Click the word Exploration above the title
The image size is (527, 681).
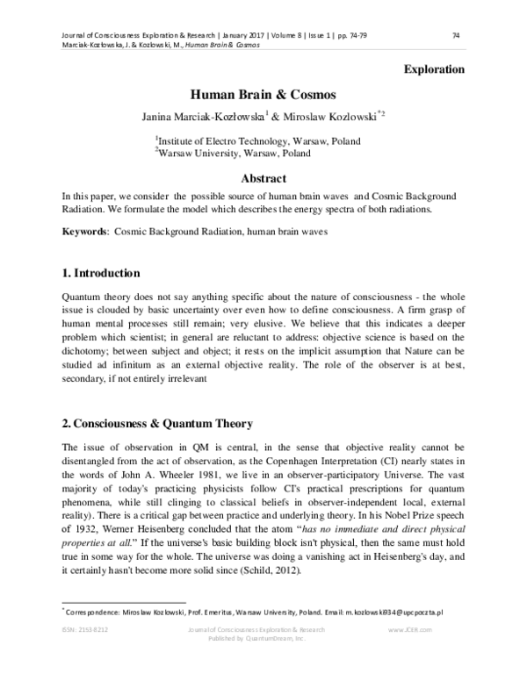pos(433,69)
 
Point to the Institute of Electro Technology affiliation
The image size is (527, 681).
pos(258,140)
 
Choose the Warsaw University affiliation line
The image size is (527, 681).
pos(233,153)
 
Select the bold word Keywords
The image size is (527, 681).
pos(84,232)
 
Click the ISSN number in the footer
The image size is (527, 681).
pos(84,630)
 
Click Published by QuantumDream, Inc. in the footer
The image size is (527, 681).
pos(262,639)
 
